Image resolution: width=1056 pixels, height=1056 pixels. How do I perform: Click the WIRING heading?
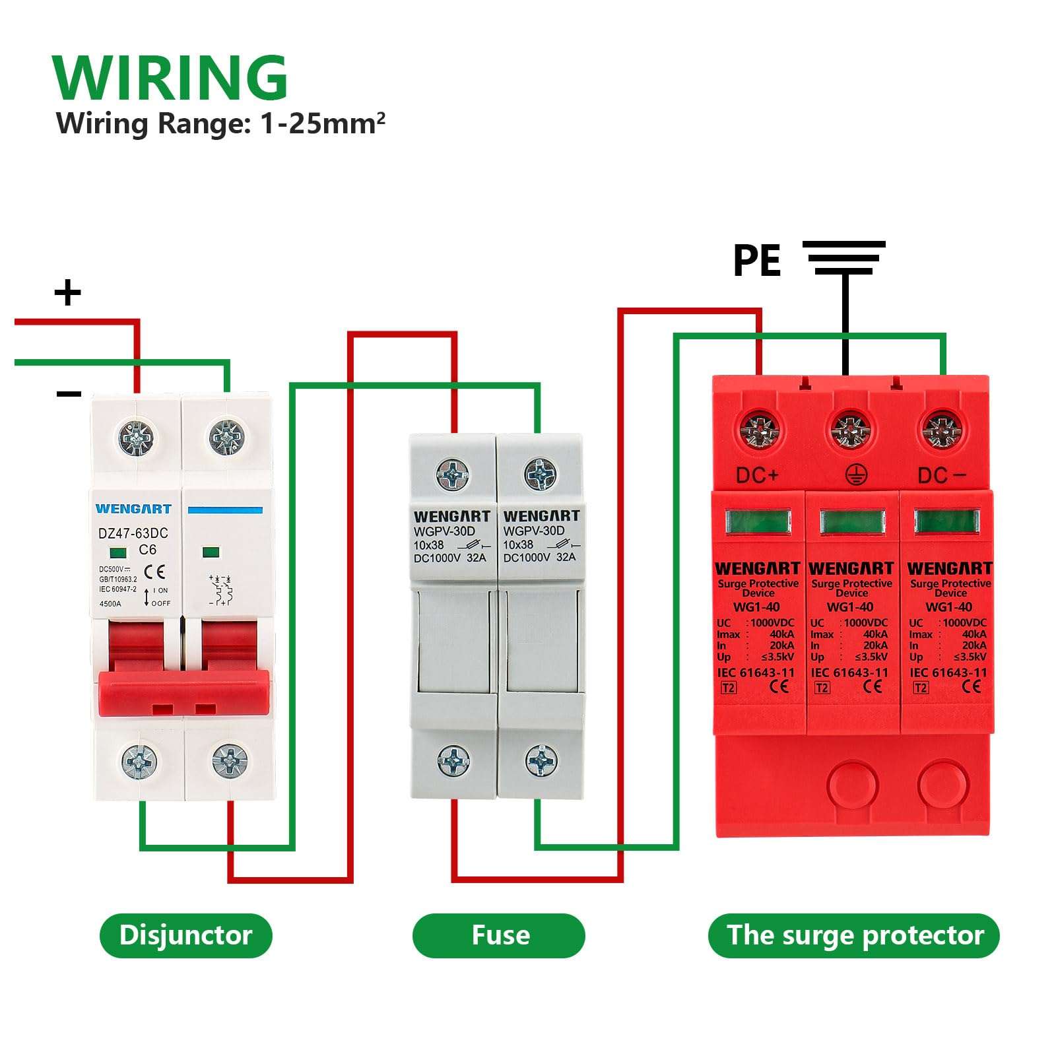pyautogui.click(x=170, y=78)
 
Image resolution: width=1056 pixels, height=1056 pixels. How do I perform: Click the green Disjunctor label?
pyautogui.click(x=185, y=935)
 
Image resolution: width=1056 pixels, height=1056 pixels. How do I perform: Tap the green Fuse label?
pyautogui.click(x=499, y=935)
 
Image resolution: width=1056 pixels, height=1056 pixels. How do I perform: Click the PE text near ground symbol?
pyautogui.click(x=756, y=260)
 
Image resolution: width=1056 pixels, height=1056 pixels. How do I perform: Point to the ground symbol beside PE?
pyautogui.click(x=843, y=257)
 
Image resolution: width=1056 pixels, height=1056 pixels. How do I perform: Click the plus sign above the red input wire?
pyautogui.click(x=67, y=292)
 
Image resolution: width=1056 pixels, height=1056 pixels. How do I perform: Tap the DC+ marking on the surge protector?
pyautogui.click(x=757, y=475)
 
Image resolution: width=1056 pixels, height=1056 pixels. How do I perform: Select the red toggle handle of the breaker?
pyautogui.click(x=183, y=692)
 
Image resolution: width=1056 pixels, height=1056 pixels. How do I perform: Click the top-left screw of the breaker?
pyautogui.click(x=137, y=436)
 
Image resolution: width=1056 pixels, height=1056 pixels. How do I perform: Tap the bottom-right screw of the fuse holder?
pyautogui.click(x=541, y=761)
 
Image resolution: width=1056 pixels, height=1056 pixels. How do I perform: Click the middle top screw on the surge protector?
pyautogui.click(x=851, y=430)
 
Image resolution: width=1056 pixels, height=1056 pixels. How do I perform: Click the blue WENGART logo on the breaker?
pyautogui.click(x=133, y=509)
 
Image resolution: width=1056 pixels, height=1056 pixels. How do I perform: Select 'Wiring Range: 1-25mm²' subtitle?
pyautogui.click(x=220, y=123)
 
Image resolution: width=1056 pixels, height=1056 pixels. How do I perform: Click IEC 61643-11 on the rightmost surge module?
pyautogui.click(x=948, y=673)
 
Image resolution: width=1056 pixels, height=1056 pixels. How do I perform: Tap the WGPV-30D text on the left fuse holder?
pyautogui.click(x=444, y=531)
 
